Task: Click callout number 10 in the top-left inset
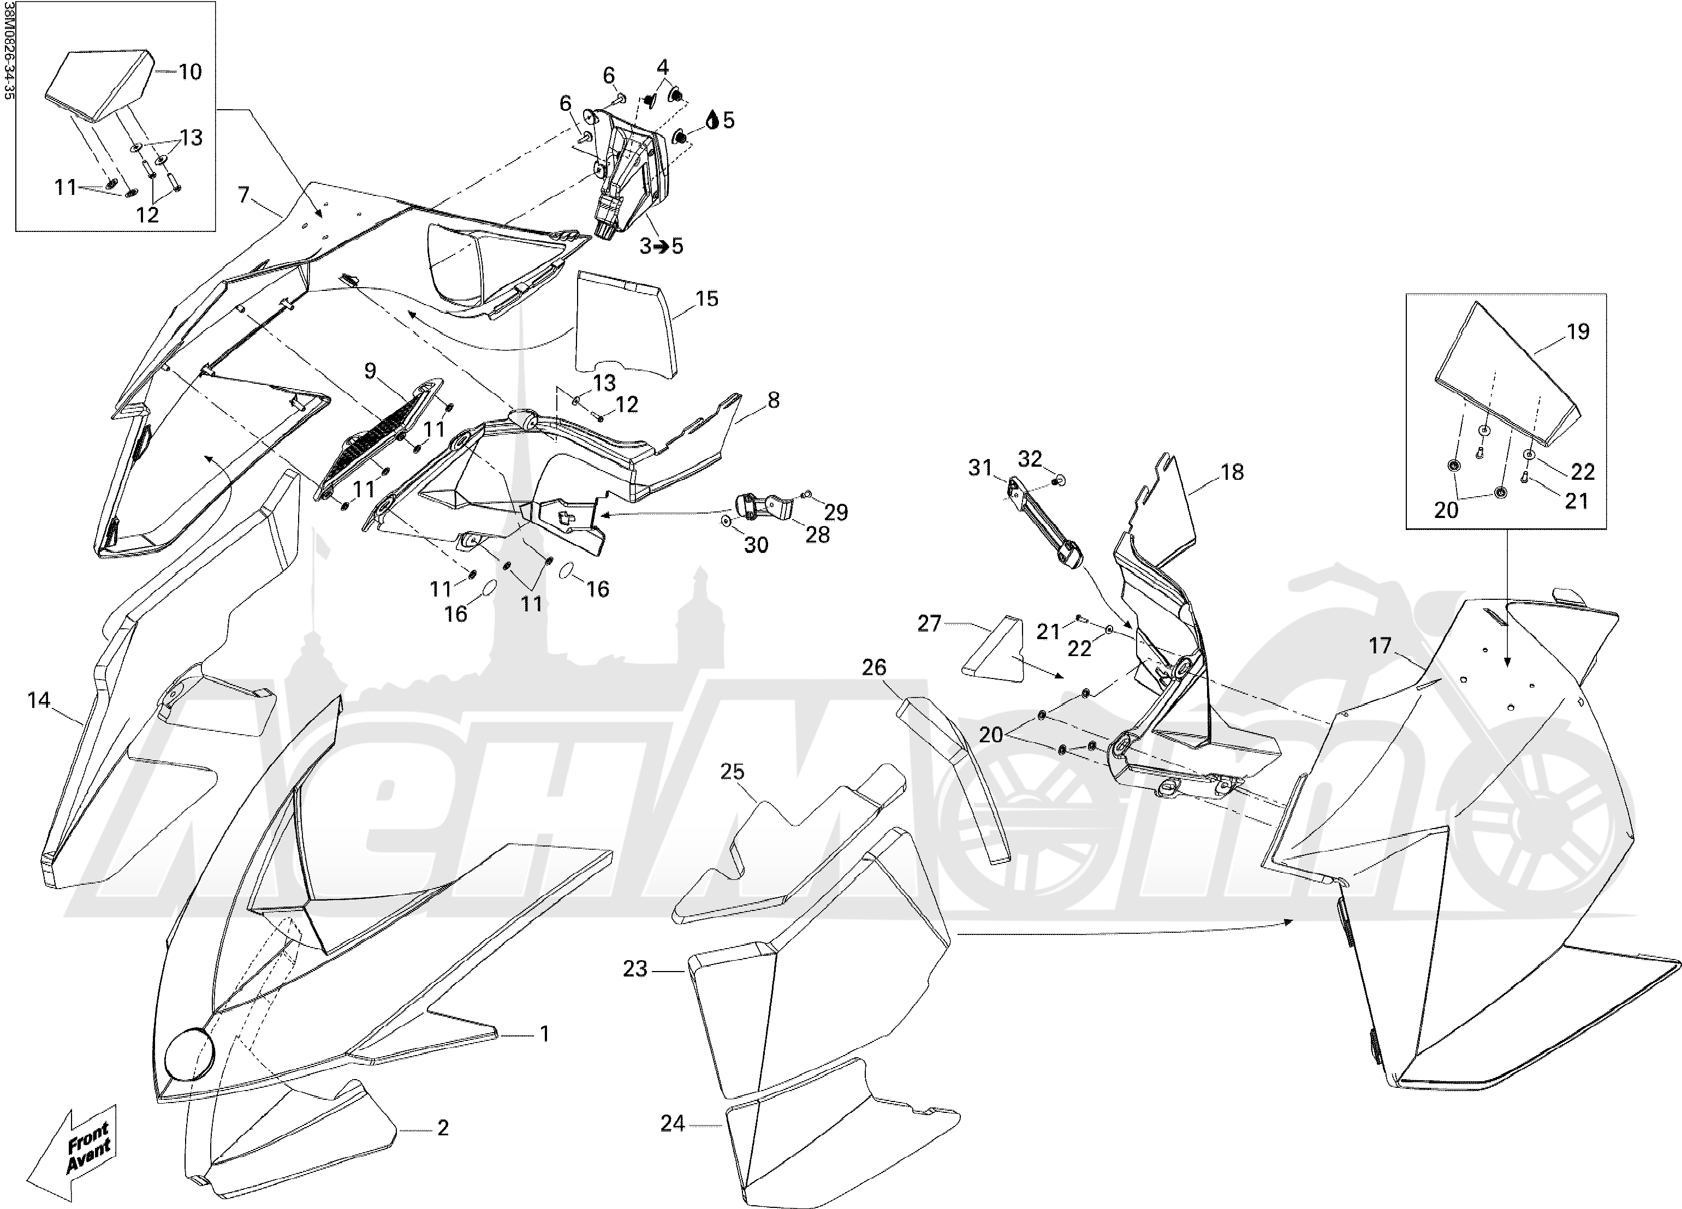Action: point(190,72)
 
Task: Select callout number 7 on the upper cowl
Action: point(244,195)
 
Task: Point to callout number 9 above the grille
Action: point(370,371)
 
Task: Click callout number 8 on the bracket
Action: point(774,400)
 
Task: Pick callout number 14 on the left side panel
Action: point(39,699)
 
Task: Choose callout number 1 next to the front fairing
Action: point(544,1033)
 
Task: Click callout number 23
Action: point(635,969)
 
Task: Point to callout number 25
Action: point(732,772)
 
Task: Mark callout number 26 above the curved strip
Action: point(873,667)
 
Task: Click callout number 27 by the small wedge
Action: point(929,624)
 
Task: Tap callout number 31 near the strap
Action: point(980,468)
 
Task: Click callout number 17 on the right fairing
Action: point(1380,646)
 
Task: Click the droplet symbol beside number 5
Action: point(712,120)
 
